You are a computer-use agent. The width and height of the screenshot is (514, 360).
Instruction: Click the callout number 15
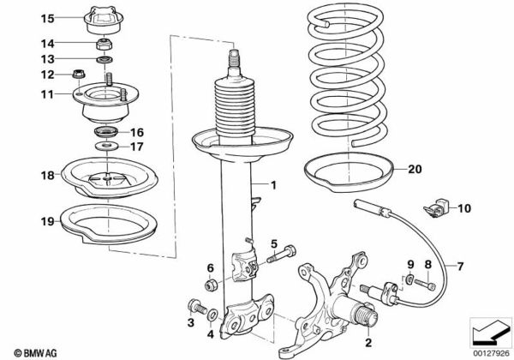(x=47, y=18)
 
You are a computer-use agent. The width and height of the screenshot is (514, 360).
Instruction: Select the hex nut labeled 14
(x=105, y=44)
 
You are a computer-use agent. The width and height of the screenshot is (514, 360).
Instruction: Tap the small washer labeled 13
(x=105, y=60)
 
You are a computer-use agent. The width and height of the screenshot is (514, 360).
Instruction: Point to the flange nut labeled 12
(x=78, y=74)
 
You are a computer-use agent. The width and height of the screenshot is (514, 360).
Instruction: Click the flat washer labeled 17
(x=105, y=145)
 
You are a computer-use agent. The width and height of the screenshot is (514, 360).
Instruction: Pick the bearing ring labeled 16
(x=106, y=132)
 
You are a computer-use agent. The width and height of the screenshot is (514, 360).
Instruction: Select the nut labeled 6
(x=210, y=285)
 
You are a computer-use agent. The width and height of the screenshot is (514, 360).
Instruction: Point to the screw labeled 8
(x=425, y=284)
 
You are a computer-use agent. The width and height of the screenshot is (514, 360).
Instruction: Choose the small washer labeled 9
(x=408, y=279)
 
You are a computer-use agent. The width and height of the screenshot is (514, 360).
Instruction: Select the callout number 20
(x=415, y=169)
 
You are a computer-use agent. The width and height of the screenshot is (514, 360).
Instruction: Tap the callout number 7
(x=461, y=267)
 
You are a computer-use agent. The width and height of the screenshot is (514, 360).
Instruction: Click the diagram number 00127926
(x=492, y=353)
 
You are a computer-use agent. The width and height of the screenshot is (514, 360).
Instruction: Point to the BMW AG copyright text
(x=35, y=353)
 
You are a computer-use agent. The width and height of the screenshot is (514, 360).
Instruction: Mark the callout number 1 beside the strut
(x=273, y=186)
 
